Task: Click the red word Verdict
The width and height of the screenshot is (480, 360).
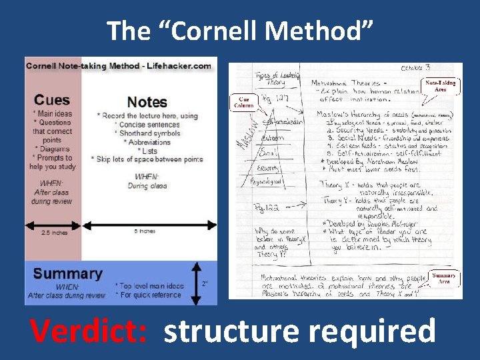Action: click(x=90, y=331)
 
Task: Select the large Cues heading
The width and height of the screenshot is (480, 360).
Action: click(x=51, y=100)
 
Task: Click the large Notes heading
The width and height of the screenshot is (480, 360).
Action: click(x=147, y=102)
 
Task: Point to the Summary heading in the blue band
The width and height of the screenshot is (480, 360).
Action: click(x=67, y=273)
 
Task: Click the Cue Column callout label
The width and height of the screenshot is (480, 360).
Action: click(x=243, y=101)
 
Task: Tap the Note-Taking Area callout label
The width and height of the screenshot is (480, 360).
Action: click(x=441, y=85)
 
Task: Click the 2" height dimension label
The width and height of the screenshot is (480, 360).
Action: click(x=205, y=283)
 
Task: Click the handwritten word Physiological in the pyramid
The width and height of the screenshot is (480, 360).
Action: click(x=265, y=181)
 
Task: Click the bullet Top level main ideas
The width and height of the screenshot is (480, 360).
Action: click(x=151, y=286)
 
